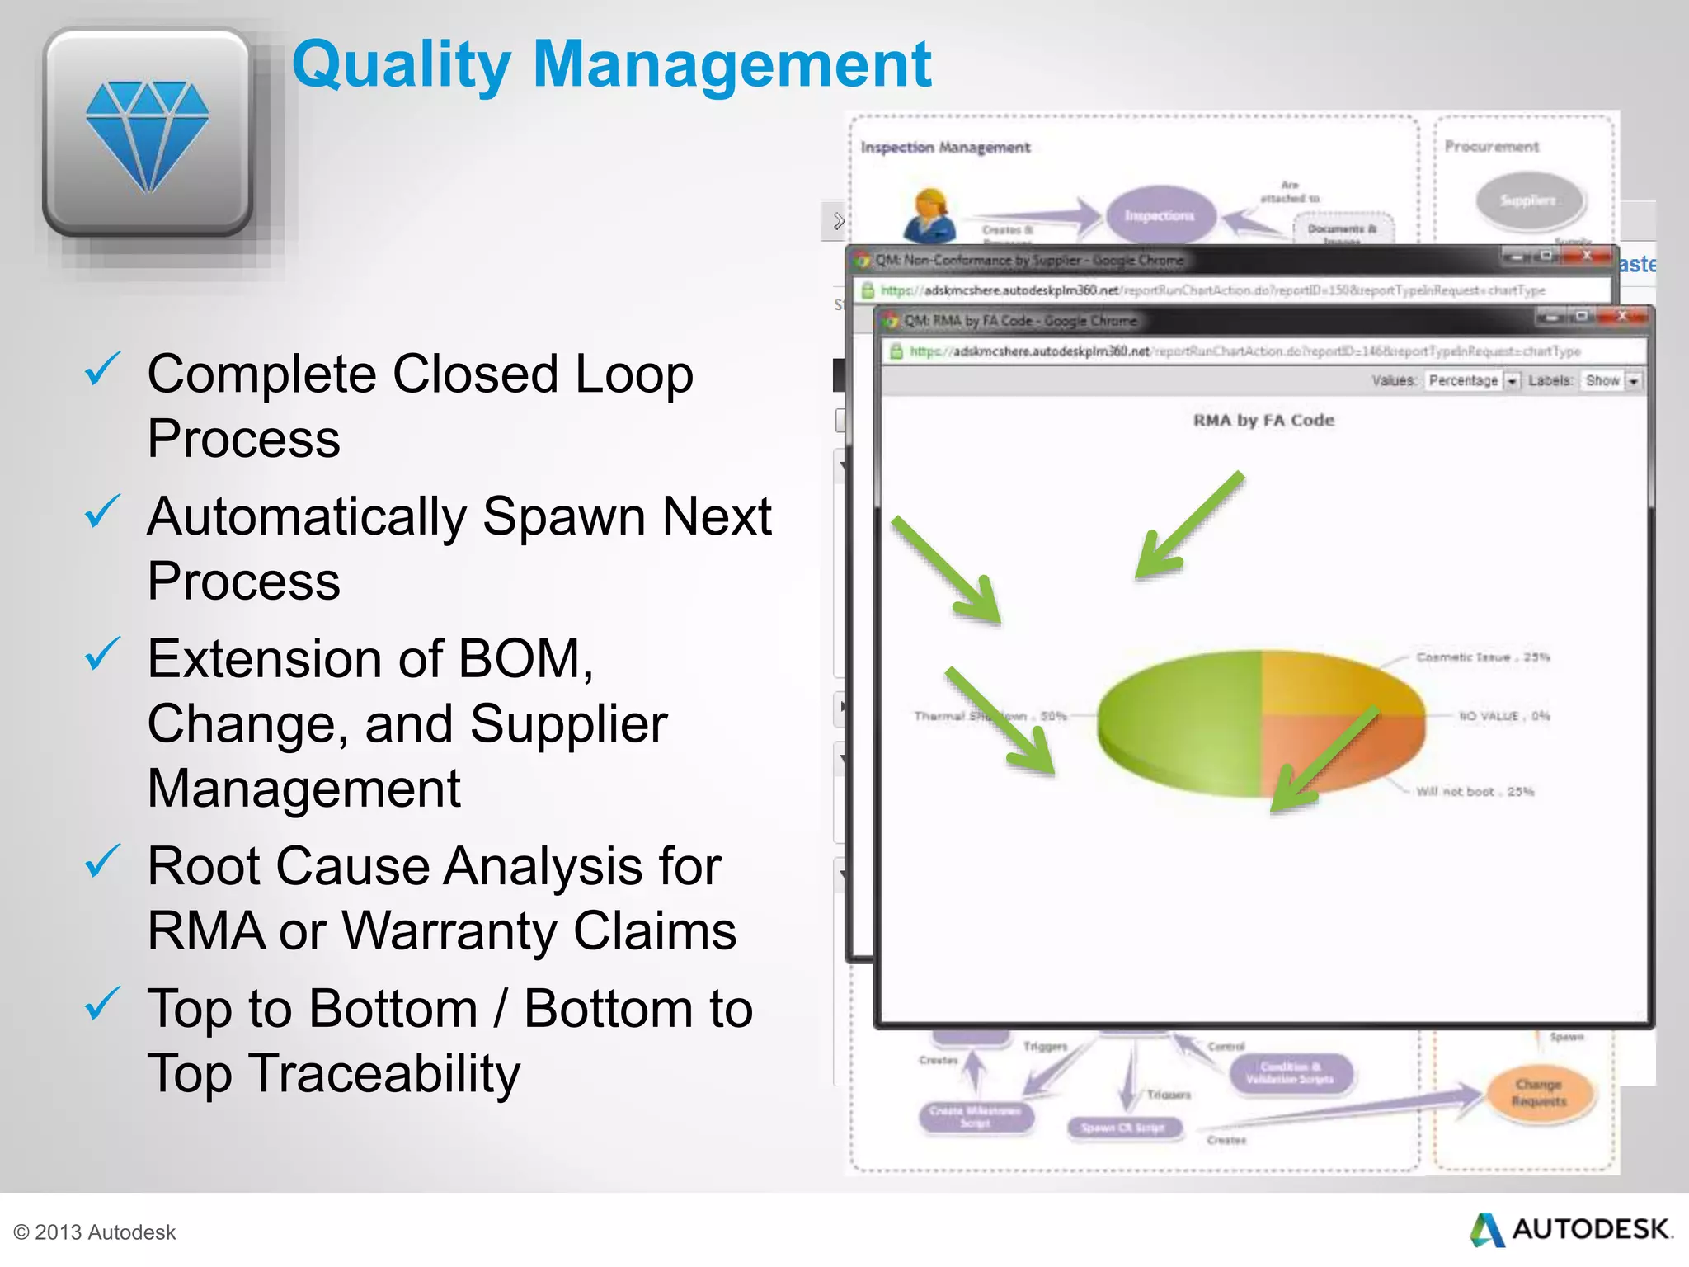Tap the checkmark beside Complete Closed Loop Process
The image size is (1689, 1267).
click(102, 370)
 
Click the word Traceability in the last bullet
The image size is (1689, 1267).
click(384, 1074)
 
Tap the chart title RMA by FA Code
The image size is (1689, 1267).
click(1263, 421)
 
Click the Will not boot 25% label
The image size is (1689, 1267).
click(1475, 792)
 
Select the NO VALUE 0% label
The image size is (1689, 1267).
click(1504, 716)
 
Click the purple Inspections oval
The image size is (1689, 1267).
click(1160, 215)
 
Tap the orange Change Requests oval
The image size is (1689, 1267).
click(1538, 1093)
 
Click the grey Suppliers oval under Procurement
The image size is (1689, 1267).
click(1528, 200)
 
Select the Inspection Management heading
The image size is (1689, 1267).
click(945, 148)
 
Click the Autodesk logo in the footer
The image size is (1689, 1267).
click(1571, 1230)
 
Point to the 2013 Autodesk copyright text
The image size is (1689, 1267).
click(96, 1232)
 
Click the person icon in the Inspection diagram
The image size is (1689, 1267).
click(929, 214)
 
